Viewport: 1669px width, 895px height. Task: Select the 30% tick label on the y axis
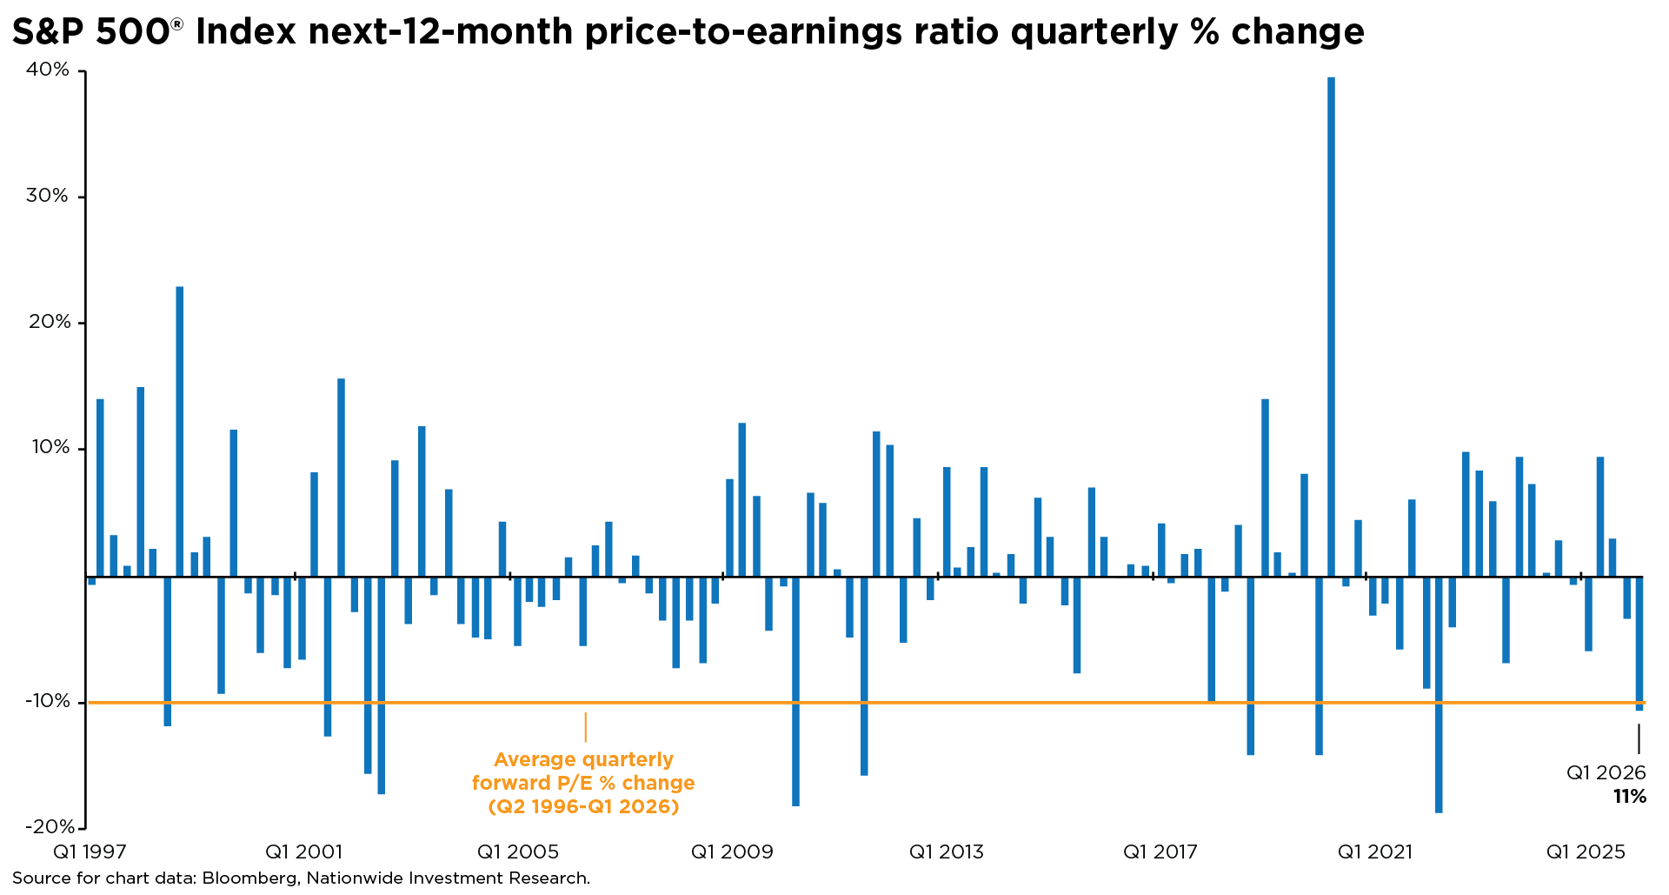[47, 196]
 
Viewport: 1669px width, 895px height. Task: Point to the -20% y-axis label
[47, 827]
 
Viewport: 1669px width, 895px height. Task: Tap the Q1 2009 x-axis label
[732, 852]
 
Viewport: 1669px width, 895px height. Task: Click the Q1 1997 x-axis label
[90, 852]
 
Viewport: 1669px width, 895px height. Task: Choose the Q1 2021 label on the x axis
[1374, 852]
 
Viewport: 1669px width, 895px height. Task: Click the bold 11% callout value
[1629, 797]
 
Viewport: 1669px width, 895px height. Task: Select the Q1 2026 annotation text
[1606, 773]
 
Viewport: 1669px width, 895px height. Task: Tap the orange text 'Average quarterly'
[583, 760]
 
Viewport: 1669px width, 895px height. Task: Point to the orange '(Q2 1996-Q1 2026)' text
[583, 807]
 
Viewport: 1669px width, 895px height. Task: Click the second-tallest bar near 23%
[180, 431]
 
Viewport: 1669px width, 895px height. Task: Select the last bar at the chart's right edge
[1639, 644]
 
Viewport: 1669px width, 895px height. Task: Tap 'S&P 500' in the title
[90, 32]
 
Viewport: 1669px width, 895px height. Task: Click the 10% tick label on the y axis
[50, 448]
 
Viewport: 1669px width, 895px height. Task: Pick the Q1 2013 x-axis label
[947, 852]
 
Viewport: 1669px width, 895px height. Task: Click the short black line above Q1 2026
[1639, 739]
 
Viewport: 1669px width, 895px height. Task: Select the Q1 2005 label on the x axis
[518, 852]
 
